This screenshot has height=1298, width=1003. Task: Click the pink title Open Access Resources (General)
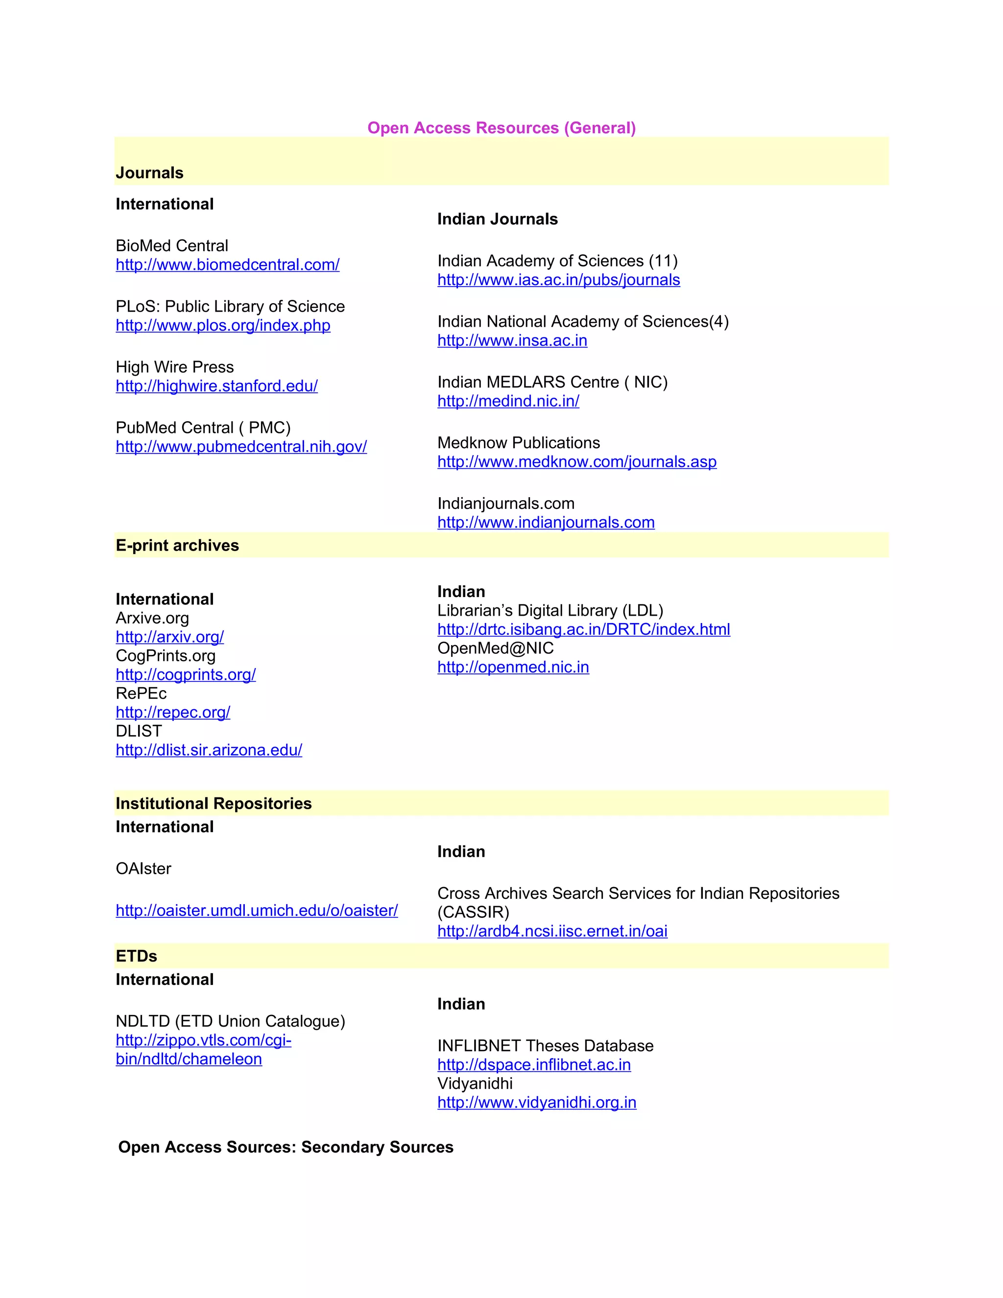(x=501, y=128)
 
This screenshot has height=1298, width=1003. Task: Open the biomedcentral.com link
(x=228, y=265)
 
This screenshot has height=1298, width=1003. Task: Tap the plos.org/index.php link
(x=223, y=326)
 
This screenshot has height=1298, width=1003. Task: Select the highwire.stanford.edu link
(x=216, y=386)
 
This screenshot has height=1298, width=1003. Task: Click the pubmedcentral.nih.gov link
(x=241, y=447)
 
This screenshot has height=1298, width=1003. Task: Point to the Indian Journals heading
(x=498, y=219)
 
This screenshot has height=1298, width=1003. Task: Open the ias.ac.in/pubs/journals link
(x=558, y=280)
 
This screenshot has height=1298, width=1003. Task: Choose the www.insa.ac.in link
(x=512, y=340)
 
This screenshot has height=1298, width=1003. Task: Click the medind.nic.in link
(x=508, y=401)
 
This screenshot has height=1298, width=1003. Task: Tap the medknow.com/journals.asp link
(x=577, y=462)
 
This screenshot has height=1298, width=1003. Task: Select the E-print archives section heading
(x=177, y=546)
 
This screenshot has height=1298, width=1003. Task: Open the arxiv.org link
(x=169, y=637)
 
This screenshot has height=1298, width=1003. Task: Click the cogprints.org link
(x=186, y=675)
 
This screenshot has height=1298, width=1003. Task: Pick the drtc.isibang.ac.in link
(x=583, y=629)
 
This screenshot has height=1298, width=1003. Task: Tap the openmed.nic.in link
(x=513, y=668)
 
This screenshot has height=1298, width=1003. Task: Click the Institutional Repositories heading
(x=214, y=803)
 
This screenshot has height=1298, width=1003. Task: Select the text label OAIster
(x=143, y=869)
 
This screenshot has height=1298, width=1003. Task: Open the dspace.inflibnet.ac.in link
(x=534, y=1064)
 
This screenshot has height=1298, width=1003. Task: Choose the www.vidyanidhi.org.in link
(x=537, y=1103)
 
